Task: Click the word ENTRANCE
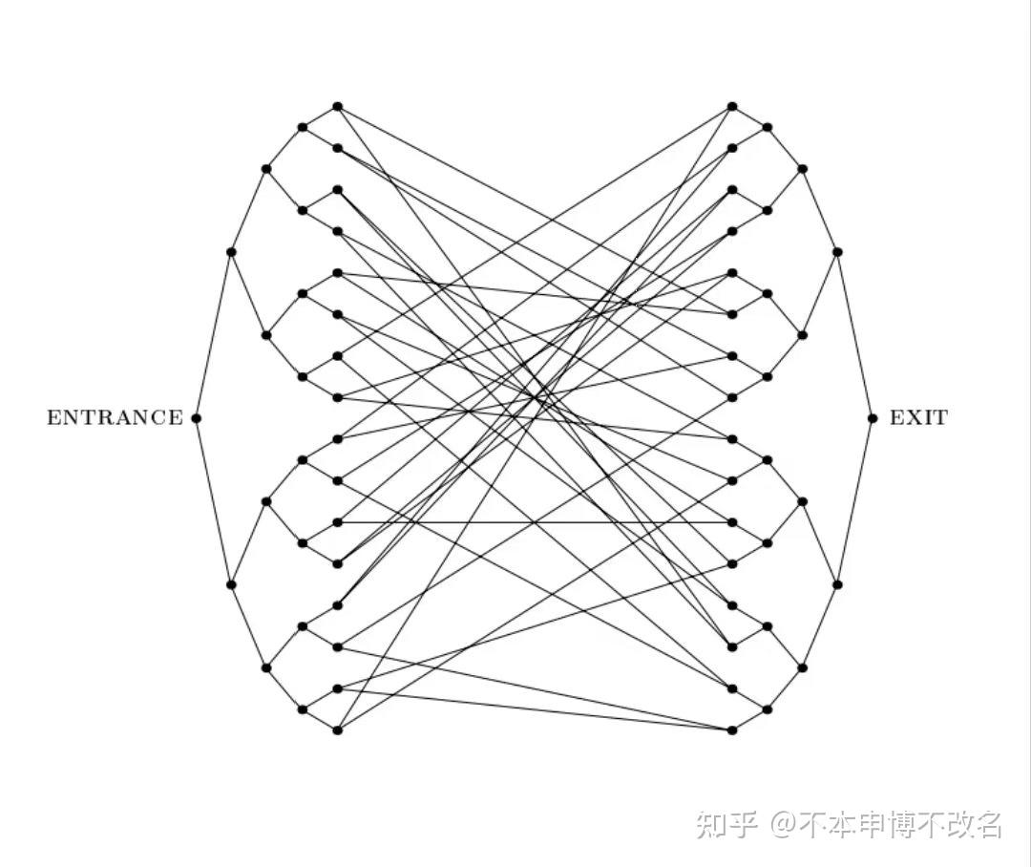[115, 417]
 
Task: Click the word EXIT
[918, 417]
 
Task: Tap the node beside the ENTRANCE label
[196, 417]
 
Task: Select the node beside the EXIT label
[873, 417]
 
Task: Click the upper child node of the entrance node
[231, 252]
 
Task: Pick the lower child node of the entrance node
[231, 584]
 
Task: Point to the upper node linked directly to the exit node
[837, 252]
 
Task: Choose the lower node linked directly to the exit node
[837, 584]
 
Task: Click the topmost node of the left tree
[337, 106]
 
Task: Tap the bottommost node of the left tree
[337, 730]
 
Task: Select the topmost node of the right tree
[732, 106]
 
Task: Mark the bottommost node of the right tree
[732, 730]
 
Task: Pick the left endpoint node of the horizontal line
[337, 522]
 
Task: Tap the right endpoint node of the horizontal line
[732, 522]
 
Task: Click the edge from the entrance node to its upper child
[213, 335]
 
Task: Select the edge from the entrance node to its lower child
[213, 501]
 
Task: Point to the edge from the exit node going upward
[855, 335]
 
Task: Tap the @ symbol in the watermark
[784, 823]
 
